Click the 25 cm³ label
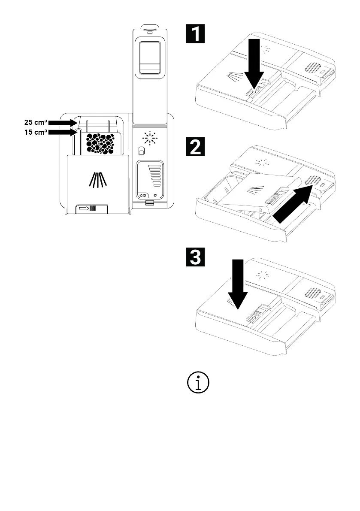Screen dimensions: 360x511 click(x=36, y=123)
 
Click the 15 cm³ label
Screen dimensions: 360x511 click(x=36, y=132)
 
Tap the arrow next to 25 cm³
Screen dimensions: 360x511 click(x=63, y=123)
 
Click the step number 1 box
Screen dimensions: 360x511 click(x=195, y=33)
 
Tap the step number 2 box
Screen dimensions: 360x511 click(x=195, y=147)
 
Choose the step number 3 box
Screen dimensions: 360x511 click(x=195, y=257)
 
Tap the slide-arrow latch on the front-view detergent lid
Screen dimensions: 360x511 click(x=91, y=208)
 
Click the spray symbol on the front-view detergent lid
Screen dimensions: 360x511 click(x=98, y=180)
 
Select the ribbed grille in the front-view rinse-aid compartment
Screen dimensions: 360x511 click(x=155, y=175)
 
